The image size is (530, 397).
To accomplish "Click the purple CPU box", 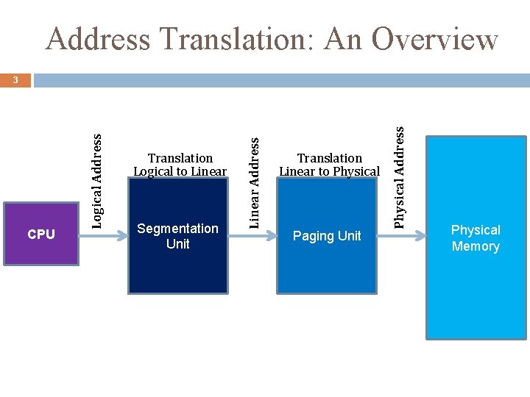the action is click(41, 235).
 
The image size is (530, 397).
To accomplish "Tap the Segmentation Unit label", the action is click(178, 236).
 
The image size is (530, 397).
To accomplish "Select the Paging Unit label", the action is click(327, 236).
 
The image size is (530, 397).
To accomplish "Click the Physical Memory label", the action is click(476, 238).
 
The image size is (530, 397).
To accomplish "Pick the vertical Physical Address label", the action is click(399, 176).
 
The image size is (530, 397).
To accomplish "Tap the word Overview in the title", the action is click(434, 39).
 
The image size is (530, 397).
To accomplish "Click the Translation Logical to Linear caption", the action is click(180, 165).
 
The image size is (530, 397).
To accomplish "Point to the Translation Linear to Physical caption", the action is click(329, 165).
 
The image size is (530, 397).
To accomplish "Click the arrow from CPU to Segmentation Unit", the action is click(103, 236).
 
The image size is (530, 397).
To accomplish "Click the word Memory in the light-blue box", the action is click(476, 246).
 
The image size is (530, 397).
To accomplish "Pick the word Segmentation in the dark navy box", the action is click(178, 229).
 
